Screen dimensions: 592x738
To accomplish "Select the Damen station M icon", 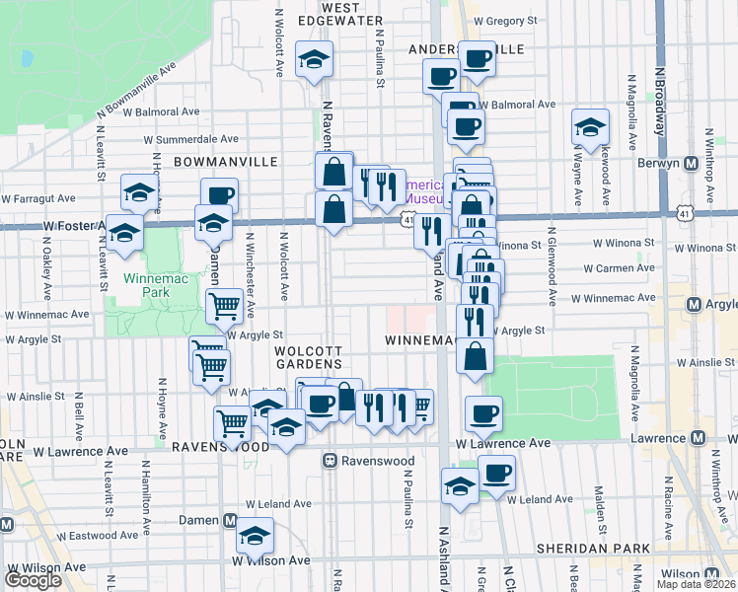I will (231, 520).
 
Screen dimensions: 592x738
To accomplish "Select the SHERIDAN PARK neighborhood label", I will (591, 548).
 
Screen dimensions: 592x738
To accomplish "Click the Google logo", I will (33, 580).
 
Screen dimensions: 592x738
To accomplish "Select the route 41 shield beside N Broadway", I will (685, 212).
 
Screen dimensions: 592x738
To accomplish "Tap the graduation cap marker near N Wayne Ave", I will (590, 127).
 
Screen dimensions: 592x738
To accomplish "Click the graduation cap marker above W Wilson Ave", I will (255, 537).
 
